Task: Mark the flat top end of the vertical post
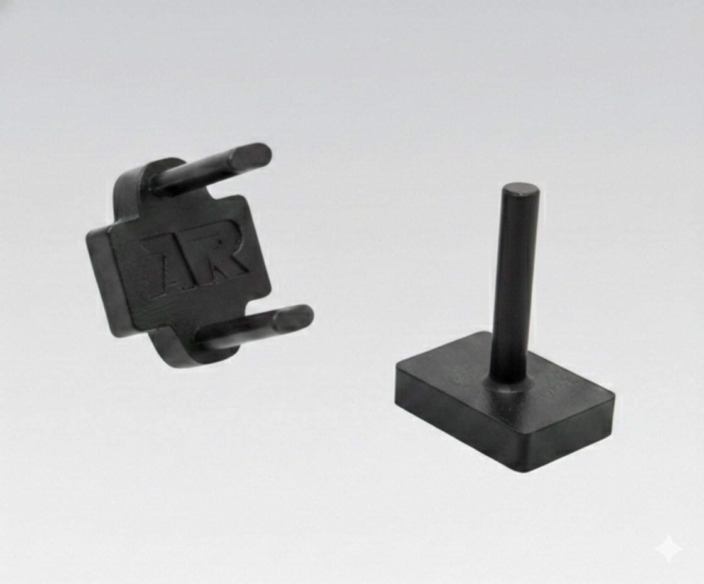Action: pyautogui.click(x=521, y=190)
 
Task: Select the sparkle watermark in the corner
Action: pyautogui.click(x=669, y=549)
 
